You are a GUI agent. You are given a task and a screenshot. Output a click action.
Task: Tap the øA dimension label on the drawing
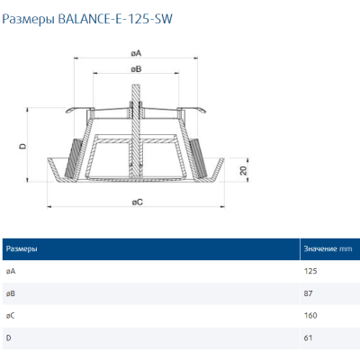[135, 52]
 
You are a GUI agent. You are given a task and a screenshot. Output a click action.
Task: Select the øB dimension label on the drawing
[135, 68]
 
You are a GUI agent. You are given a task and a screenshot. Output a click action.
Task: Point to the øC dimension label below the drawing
[136, 202]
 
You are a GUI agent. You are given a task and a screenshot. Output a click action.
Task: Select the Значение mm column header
[327, 247]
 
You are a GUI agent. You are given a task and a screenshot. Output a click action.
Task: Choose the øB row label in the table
[10, 292]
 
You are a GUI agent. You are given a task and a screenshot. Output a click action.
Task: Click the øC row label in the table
[10, 315]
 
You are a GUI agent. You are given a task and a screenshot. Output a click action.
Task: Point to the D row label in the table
[8, 337]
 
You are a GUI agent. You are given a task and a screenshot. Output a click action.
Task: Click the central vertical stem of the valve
[135, 126]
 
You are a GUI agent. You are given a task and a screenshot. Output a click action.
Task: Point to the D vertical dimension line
[31, 144]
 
